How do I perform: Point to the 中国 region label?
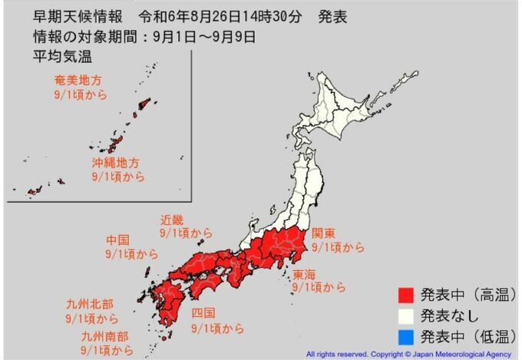(x=121, y=240)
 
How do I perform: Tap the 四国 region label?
(x=203, y=313)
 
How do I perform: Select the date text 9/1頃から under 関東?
(x=333, y=247)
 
